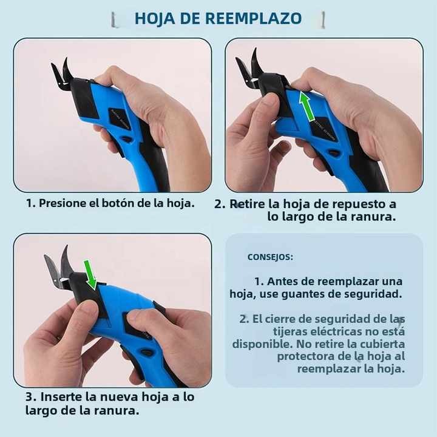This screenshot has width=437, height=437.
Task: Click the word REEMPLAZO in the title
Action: [253, 18]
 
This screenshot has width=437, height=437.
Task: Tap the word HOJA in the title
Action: [155, 18]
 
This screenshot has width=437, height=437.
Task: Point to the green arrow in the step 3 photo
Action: [90, 274]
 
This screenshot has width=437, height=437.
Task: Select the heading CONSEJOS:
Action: [270, 257]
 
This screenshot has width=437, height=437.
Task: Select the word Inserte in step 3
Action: [64, 397]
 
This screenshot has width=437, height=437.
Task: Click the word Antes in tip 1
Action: [283, 282]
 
